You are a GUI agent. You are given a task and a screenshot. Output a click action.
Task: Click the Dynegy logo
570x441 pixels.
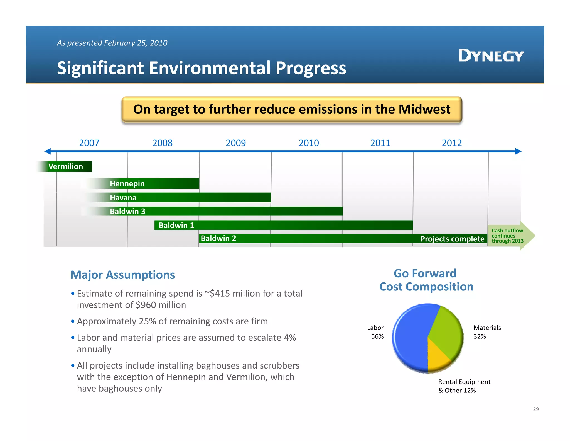[x=491, y=55]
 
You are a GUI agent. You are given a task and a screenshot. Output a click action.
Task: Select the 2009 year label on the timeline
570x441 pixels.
[x=235, y=143]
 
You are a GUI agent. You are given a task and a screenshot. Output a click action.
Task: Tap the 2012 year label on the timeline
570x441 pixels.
[x=452, y=143]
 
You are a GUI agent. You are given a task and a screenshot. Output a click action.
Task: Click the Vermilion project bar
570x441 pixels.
[x=66, y=166]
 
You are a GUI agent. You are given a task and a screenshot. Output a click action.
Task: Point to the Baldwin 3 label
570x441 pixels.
[x=127, y=211]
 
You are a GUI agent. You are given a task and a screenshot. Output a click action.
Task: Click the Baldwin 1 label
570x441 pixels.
[x=176, y=225]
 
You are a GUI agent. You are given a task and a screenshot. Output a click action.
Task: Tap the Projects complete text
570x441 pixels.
[x=452, y=239]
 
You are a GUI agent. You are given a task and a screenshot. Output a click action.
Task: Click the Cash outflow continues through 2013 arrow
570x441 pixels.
[x=511, y=236]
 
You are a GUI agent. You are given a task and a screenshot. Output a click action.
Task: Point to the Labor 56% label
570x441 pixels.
[x=375, y=332]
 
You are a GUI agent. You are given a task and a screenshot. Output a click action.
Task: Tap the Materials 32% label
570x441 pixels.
[x=487, y=332]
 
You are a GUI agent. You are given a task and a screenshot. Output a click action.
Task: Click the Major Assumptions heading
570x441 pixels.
[x=122, y=275]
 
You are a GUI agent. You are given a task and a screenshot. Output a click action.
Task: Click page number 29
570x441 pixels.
[x=536, y=409]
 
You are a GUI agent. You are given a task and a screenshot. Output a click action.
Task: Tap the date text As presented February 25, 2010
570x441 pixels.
[x=112, y=43]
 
